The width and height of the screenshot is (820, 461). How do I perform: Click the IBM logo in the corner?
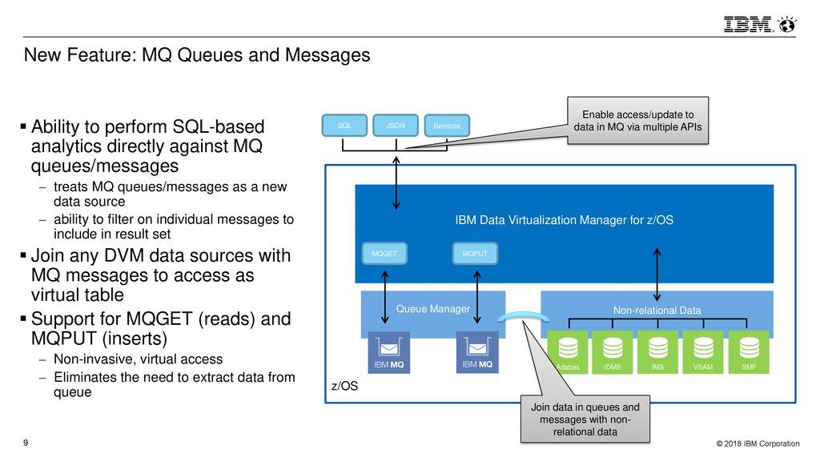(x=759, y=25)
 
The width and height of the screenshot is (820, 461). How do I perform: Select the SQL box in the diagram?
(x=344, y=126)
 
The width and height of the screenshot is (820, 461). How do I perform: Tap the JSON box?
(x=396, y=126)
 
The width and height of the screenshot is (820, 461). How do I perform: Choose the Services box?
(x=447, y=126)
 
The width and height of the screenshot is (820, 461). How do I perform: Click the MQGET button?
(x=384, y=254)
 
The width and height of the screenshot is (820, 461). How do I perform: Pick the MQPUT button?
(x=475, y=254)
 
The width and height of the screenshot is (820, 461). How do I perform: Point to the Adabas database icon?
(x=568, y=352)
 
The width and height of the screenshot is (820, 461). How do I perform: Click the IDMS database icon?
(x=613, y=352)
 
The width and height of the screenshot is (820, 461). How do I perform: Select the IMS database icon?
(x=658, y=352)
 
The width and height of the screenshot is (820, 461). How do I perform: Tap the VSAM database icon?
(x=703, y=352)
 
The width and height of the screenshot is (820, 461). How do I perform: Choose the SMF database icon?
(x=749, y=352)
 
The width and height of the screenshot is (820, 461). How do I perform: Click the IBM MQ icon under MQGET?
(x=388, y=352)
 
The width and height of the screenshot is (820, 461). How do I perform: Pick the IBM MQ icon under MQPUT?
(x=477, y=352)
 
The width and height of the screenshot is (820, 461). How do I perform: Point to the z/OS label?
(x=344, y=386)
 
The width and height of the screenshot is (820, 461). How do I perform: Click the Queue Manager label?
(x=433, y=309)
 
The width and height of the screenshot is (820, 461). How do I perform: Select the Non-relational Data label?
(x=657, y=311)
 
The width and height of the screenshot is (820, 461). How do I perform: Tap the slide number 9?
(x=26, y=443)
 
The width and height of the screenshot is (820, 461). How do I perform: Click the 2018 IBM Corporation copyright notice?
(x=758, y=443)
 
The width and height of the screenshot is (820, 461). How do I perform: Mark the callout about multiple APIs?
(x=638, y=121)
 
